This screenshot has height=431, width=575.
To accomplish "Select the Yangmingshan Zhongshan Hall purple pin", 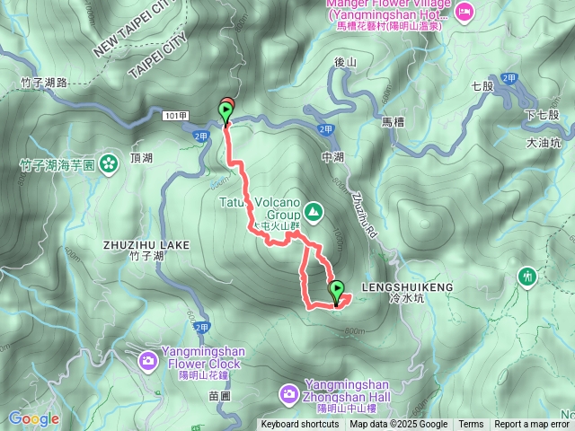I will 289,392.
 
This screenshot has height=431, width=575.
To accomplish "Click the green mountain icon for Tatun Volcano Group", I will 314,212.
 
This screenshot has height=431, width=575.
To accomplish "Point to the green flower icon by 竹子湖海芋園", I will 109,164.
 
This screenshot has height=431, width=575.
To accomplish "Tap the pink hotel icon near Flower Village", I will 464,11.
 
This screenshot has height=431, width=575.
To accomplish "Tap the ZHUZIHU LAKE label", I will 147,244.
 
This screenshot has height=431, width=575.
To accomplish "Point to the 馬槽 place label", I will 394,121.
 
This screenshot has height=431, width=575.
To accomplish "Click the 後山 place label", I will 345,62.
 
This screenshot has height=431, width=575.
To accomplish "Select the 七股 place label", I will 482,87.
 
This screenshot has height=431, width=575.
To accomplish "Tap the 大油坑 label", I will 543,142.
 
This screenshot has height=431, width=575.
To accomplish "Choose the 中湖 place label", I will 332,157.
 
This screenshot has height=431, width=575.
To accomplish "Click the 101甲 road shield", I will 175,115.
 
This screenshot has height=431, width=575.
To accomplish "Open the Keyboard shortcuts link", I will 300,425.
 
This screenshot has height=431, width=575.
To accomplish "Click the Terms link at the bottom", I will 471,425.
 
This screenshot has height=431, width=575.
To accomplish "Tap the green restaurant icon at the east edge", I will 527,277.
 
